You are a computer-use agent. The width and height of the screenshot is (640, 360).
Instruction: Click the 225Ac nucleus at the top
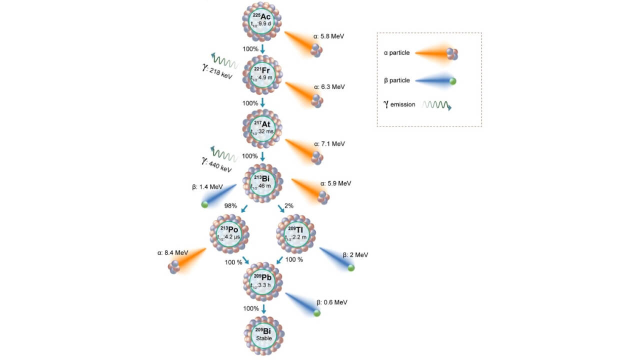point(262,21)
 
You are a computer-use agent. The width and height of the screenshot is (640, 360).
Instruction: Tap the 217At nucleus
point(262,128)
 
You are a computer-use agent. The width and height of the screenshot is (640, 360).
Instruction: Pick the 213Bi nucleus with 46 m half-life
point(262,182)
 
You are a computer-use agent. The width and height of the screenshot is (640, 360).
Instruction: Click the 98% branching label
point(230,205)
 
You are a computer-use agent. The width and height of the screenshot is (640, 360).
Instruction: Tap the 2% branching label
point(289,205)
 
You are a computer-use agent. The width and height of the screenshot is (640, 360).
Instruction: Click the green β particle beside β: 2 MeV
point(351,268)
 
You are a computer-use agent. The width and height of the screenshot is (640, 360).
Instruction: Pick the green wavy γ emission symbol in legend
point(436,105)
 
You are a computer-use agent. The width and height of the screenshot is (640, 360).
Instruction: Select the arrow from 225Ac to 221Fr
point(262,49)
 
